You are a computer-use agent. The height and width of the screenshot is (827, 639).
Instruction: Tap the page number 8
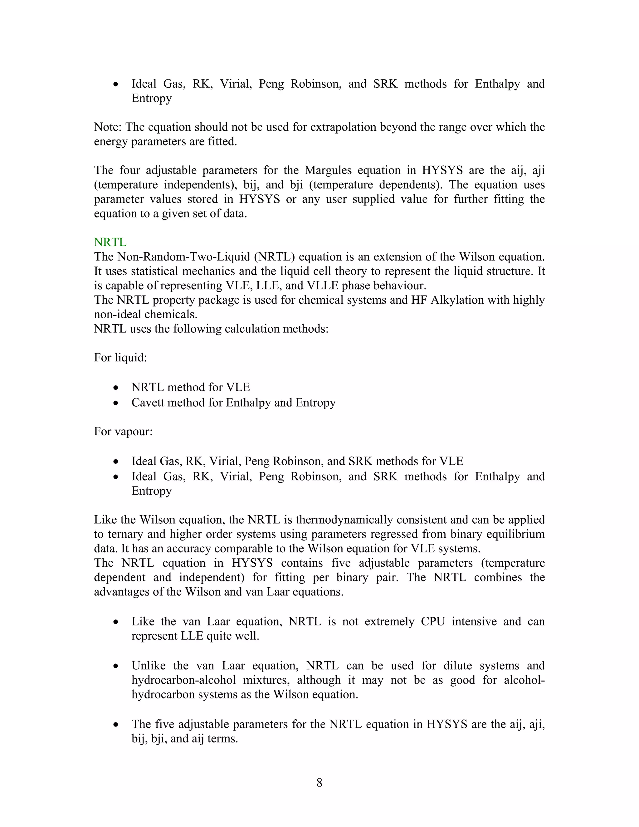(319, 782)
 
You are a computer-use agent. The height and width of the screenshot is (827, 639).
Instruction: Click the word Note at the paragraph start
(107, 127)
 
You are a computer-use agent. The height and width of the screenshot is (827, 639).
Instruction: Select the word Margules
(328, 170)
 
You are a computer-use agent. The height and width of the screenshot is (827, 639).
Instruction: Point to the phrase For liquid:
(120, 357)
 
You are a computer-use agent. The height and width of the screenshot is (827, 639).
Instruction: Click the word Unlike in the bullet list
(149, 666)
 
